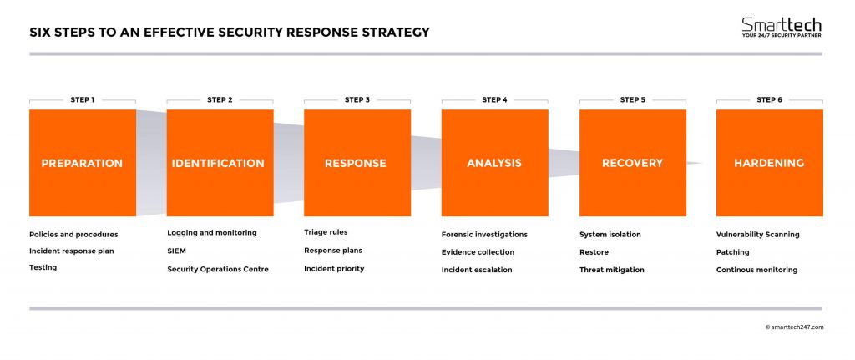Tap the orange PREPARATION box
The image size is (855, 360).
82,163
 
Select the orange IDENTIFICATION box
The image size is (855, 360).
220,163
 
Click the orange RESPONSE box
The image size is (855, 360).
357,163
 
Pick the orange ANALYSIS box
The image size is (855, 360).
494,163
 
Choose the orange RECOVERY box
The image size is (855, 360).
632,163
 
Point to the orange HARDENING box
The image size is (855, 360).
769,163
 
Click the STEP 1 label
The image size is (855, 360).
82,100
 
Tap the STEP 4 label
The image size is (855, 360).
494,100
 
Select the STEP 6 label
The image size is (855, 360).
769,100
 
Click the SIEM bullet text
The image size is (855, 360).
176,251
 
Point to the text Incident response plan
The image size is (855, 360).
71,251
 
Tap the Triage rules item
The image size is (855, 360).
326,233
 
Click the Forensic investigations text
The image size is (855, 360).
484,235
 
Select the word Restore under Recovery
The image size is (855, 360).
594,252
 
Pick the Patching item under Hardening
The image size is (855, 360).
732,252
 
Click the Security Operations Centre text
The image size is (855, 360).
217,270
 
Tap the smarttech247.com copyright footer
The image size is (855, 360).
793,327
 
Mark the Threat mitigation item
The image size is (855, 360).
611,270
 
